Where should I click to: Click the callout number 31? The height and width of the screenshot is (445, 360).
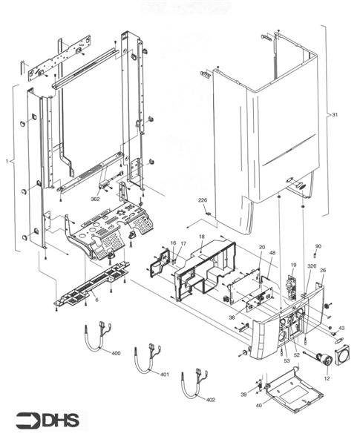click(x=335, y=115)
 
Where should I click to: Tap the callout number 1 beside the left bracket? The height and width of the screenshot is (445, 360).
click(x=7, y=160)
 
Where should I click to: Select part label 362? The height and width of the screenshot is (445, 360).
click(x=95, y=200)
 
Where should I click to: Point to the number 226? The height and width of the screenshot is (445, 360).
click(x=203, y=201)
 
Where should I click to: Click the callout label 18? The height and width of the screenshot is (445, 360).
click(x=201, y=237)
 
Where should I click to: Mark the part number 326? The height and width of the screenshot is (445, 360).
click(x=312, y=266)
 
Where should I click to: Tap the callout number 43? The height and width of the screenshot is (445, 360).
click(x=341, y=328)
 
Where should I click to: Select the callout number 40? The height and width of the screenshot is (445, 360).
click(x=258, y=405)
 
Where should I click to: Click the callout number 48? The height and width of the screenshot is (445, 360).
click(x=272, y=253)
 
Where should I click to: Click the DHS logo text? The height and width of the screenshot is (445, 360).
click(x=45, y=421)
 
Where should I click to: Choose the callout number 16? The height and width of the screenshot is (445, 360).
click(x=173, y=243)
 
